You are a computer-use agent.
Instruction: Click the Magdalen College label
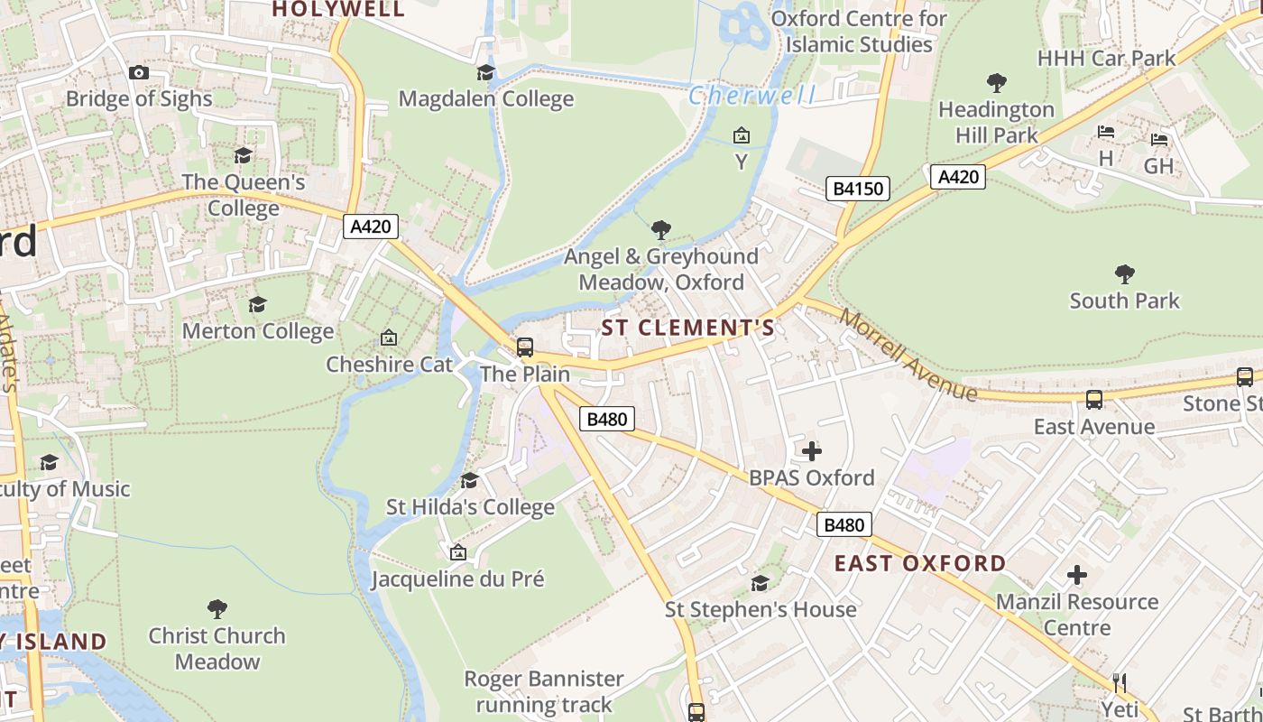click(485, 98)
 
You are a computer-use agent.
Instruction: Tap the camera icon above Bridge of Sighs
click(138, 72)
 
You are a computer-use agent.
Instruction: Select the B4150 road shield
click(858, 189)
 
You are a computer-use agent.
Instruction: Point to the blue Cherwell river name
click(752, 95)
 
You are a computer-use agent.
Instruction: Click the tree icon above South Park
click(1124, 273)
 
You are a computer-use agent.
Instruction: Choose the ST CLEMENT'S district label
click(687, 328)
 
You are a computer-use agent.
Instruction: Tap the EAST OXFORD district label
click(919, 563)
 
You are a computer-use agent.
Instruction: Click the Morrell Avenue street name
click(908, 355)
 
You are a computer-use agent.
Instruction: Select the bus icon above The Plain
click(524, 347)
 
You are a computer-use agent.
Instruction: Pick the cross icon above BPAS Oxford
click(811, 450)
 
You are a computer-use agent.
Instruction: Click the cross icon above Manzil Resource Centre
click(1076, 575)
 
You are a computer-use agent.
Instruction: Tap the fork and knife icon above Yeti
click(1120, 682)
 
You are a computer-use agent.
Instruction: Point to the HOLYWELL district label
click(338, 9)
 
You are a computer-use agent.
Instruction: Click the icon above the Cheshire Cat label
click(389, 338)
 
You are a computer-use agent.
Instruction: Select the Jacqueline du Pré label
click(457, 579)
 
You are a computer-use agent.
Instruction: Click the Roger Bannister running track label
click(544, 691)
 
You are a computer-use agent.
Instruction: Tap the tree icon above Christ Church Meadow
click(217, 608)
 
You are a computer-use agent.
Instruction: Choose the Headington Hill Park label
click(996, 122)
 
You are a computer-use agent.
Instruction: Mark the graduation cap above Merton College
click(258, 304)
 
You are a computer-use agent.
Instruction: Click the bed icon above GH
click(1159, 140)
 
